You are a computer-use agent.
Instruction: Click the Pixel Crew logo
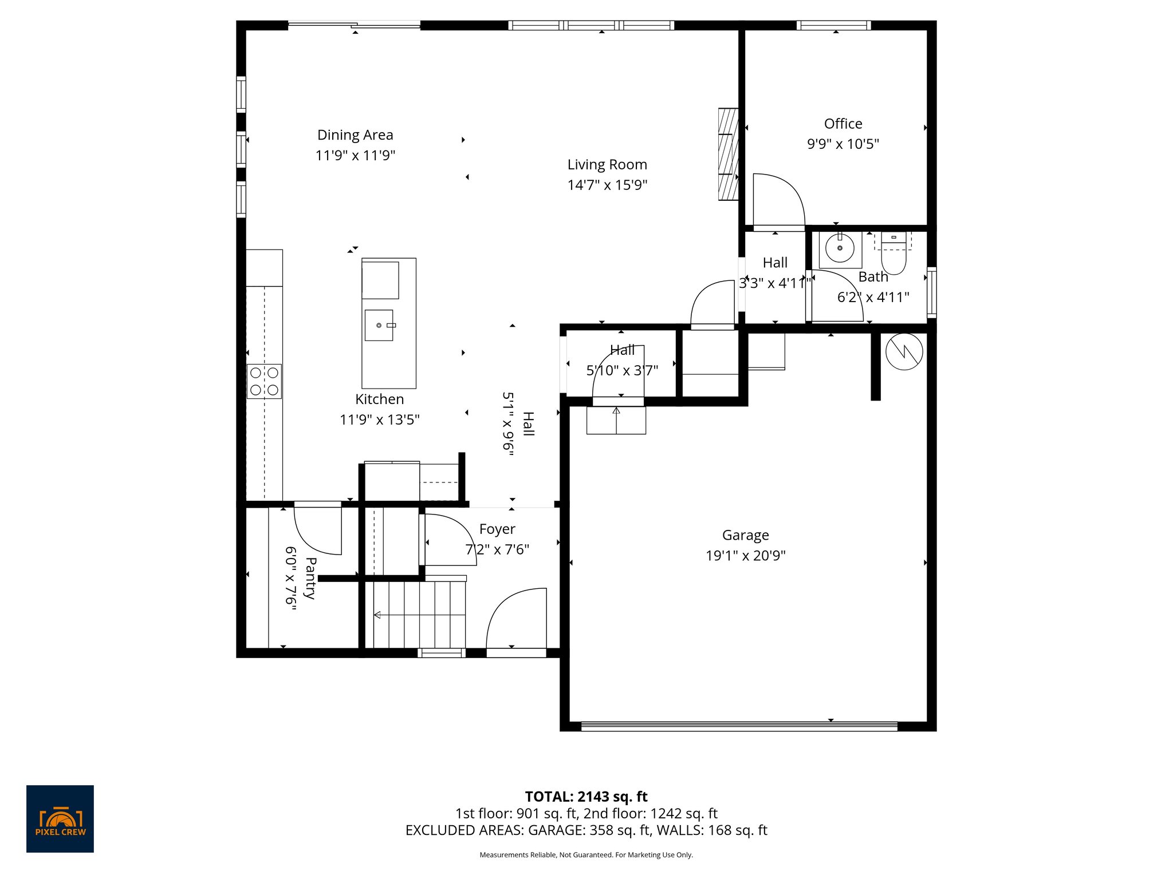(x=60, y=818)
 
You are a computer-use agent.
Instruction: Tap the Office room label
(x=843, y=124)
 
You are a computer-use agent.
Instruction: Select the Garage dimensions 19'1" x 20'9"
(x=745, y=556)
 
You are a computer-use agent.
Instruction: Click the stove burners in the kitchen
(x=264, y=381)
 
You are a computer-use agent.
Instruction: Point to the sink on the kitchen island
(x=379, y=325)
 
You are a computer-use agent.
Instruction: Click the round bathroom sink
(x=840, y=248)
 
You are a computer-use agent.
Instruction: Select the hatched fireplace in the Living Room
(x=728, y=154)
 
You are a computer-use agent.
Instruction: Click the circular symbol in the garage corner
(x=904, y=351)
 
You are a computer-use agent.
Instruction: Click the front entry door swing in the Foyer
(x=515, y=618)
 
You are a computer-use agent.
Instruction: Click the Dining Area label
(x=355, y=135)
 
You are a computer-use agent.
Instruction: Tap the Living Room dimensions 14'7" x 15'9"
(x=607, y=185)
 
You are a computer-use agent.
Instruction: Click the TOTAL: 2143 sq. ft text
(x=586, y=797)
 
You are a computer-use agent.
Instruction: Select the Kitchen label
(x=379, y=399)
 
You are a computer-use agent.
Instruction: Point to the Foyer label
(x=497, y=529)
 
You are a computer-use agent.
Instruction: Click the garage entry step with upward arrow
(x=616, y=420)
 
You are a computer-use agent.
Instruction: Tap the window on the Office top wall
(x=833, y=25)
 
